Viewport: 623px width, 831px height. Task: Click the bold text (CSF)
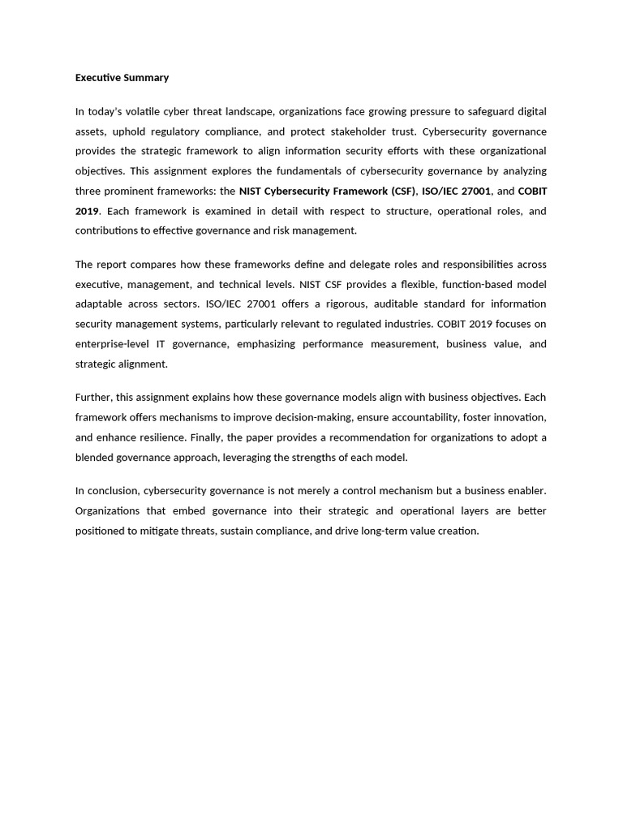[403, 192]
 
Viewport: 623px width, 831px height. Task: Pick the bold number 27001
[474, 192]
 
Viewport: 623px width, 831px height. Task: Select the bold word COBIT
[531, 192]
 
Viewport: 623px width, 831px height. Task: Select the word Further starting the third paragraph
[93, 398]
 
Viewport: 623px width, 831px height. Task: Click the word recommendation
[402, 437]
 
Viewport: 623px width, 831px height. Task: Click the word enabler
[525, 491]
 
